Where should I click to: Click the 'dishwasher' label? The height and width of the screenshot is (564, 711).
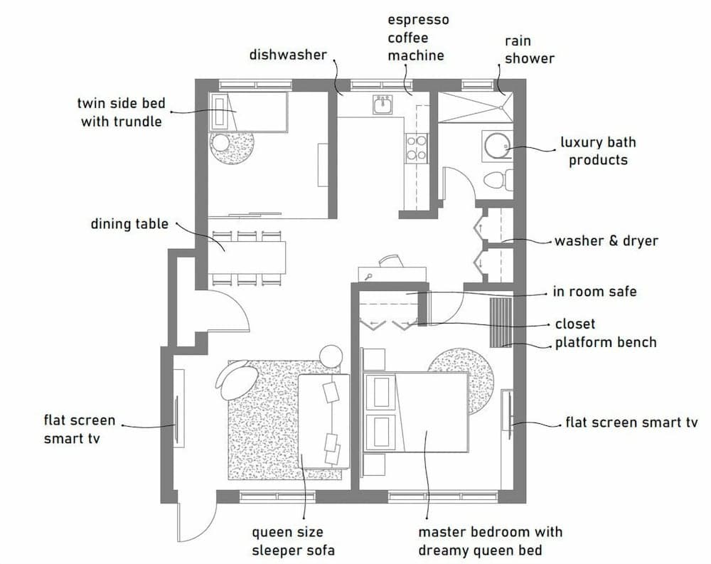[288, 54]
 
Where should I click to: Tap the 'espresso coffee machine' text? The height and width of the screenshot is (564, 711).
[418, 37]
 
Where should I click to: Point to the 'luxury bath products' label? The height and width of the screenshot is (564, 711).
[598, 151]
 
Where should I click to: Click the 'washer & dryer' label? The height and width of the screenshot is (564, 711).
[606, 241]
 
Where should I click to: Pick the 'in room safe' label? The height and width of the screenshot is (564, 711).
[594, 292]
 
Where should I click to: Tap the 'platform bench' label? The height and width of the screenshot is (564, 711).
[606, 343]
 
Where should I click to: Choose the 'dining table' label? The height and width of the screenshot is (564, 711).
[129, 224]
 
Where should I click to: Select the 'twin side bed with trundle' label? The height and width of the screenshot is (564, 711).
[122, 113]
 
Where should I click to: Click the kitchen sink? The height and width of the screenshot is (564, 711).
[383, 106]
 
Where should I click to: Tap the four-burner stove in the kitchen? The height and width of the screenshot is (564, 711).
[417, 147]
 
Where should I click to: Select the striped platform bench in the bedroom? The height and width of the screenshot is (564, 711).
[501, 322]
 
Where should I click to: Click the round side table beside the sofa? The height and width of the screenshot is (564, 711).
[331, 356]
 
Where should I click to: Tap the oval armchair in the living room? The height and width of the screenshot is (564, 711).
[237, 378]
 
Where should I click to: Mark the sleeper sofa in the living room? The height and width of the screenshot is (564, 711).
[324, 421]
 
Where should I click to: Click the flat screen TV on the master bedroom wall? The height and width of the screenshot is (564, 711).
[508, 410]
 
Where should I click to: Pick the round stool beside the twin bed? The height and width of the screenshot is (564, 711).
[220, 143]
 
